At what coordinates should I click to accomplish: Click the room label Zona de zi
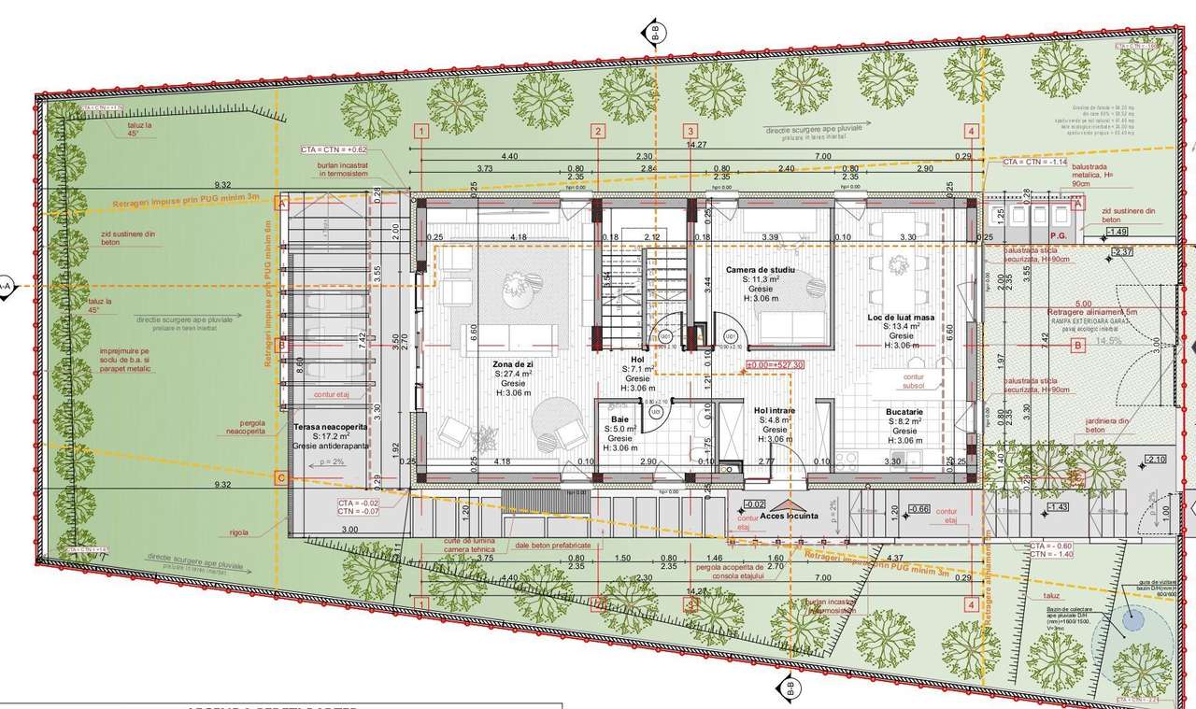(x=513, y=362)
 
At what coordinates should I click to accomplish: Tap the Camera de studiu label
(x=760, y=269)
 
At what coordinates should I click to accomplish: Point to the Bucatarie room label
(x=904, y=411)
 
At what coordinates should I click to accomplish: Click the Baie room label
(x=619, y=419)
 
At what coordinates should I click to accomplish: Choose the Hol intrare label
(x=775, y=410)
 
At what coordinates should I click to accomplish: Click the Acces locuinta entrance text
(x=789, y=516)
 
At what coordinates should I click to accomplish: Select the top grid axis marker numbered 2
(x=596, y=132)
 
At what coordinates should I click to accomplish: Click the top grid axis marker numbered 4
(x=972, y=132)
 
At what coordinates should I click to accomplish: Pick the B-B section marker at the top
(x=655, y=33)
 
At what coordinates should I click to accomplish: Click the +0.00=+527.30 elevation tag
(x=775, y=365)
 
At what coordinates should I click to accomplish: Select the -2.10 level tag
(x=1156, y=460)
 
